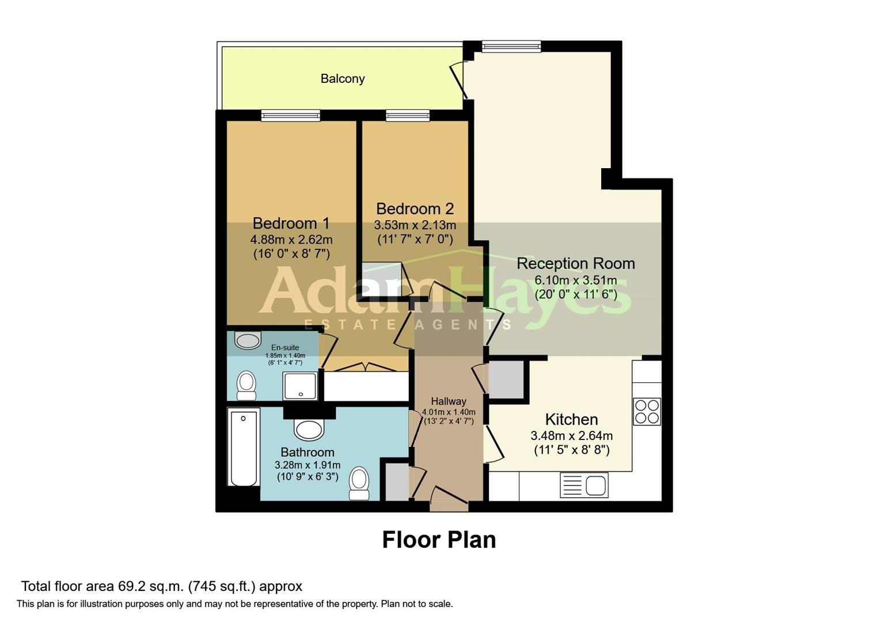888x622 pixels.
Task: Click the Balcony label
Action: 343,78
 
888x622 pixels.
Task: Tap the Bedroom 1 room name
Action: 291,223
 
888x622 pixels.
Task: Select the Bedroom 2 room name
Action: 415,208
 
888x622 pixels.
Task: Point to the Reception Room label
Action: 576,264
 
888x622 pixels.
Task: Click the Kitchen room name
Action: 571,419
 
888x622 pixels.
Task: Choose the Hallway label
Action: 449,401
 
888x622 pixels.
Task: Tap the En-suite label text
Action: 285,348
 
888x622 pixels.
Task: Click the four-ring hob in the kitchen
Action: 647,411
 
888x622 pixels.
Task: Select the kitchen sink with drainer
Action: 584,485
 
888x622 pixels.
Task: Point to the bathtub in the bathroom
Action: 244,447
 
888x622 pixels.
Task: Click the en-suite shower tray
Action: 301,386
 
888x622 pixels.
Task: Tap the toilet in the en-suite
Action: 246,385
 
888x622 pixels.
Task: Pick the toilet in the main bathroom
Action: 359,483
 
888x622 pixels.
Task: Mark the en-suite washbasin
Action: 248,340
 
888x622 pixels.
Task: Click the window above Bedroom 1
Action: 291,115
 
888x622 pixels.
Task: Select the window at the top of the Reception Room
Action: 511,47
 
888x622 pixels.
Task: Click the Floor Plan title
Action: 439,540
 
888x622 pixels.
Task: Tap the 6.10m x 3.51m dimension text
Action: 576,280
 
